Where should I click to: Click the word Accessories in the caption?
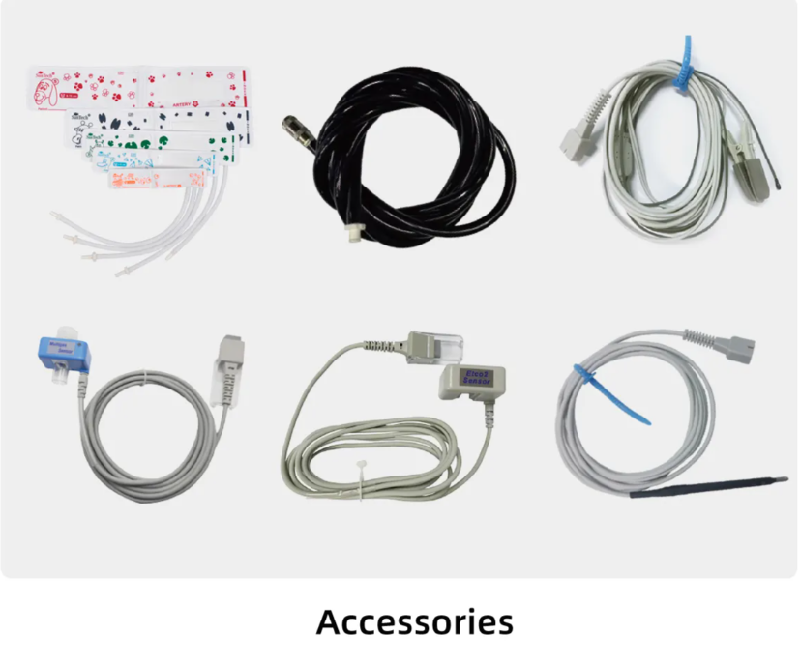point(414,621)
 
